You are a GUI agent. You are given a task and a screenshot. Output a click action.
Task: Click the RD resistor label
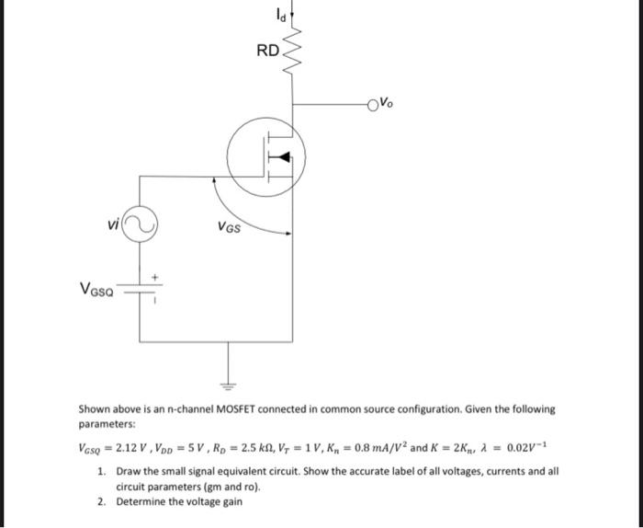pyautogui.click(x=266, y=51)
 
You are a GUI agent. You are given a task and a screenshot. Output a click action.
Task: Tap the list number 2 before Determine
pyautogui.click(x=101, y=502)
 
